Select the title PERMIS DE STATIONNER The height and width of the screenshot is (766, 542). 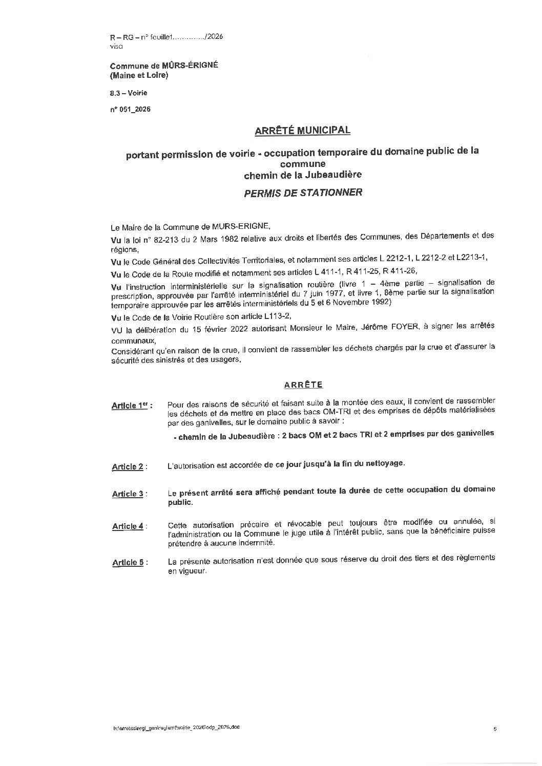[303, 193]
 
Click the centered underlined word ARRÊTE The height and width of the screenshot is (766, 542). [303, 384]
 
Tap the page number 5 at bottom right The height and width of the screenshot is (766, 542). [495, 729]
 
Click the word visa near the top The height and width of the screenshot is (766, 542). [116, 46]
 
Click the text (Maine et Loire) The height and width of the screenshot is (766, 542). [139, 75]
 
